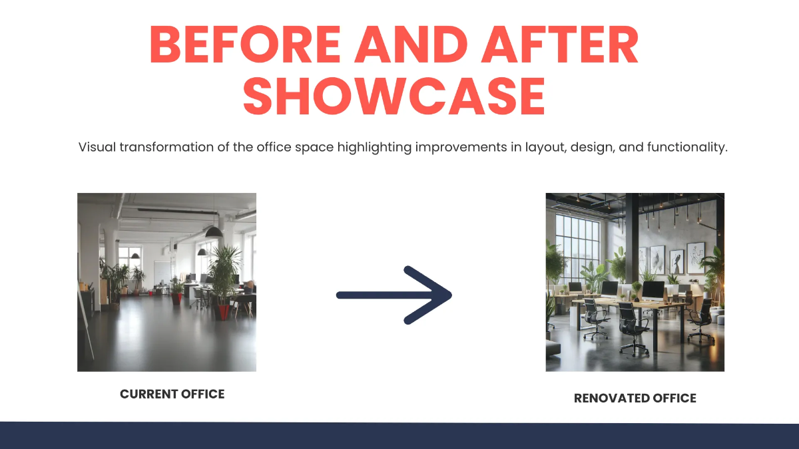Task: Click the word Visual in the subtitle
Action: click(97, 147)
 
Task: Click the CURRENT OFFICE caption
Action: click(172, 394)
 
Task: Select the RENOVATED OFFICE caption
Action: click(635, 398)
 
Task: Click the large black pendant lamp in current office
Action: click(214, 231)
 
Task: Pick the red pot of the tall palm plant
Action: click(222, 311)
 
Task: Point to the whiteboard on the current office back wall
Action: click(162, 273)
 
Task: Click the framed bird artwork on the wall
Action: click(676, 260)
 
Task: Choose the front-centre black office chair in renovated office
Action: click(633, 326)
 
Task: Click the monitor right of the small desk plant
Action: click(653, 290)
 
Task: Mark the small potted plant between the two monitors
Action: click(637, 291)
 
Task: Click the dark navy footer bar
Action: click(400, 435)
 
